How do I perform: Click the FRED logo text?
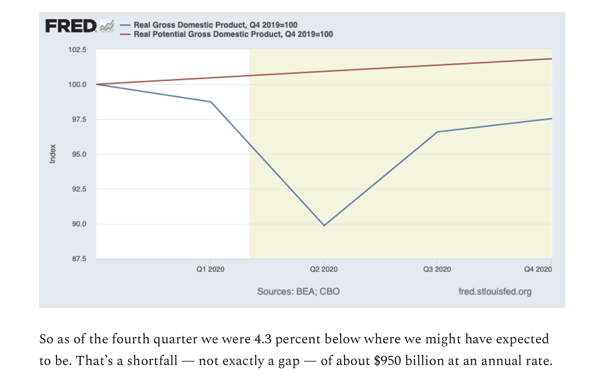tap(71, 26)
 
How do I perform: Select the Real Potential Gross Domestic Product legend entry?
tap(233, 34)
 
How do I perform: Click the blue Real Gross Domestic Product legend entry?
tap(215, 25)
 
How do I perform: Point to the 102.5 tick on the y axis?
tap(77, 50)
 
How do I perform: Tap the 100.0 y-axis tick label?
tap(77, 85)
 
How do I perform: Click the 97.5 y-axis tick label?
tap(79, 119)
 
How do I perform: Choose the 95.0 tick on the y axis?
tap(79, 154)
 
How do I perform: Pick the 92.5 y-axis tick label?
tap(79, 189)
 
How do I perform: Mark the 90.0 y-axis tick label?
tap(79, 224)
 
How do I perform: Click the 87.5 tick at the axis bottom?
tap(79, 259)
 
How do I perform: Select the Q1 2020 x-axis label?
tap(210, 269)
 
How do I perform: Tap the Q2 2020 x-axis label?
tap(324, 269)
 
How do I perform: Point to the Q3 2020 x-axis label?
tap(437, 269)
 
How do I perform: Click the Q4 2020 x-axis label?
tap(538, 269)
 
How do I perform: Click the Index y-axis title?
tap(53, 154)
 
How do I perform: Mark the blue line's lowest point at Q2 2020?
tap(324, 225)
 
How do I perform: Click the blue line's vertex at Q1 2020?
tap(211, 102)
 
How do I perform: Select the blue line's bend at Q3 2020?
tap(437, 132)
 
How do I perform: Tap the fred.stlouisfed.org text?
tap(495, 292)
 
